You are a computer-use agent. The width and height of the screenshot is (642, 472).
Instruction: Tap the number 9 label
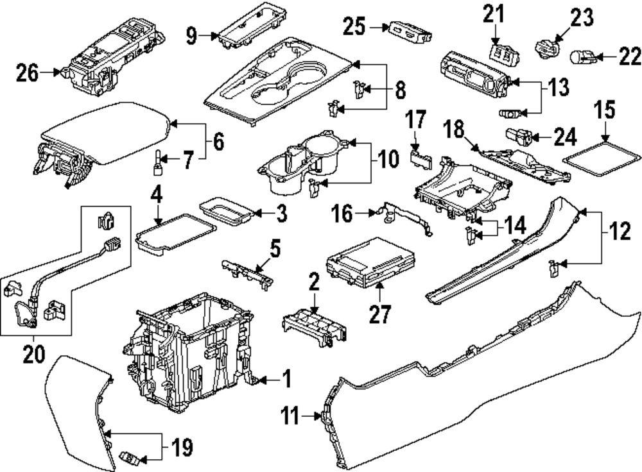pos(191,35)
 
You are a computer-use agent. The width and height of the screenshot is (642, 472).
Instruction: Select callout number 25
pos(354,27)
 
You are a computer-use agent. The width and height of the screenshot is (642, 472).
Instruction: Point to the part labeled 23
pos(547,47)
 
